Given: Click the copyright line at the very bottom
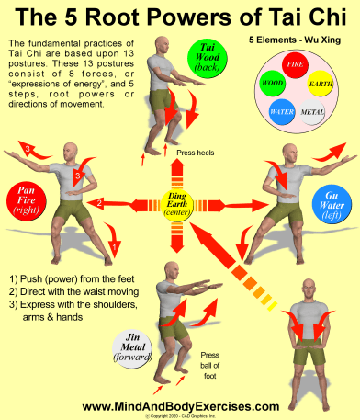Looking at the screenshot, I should point(180,415).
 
